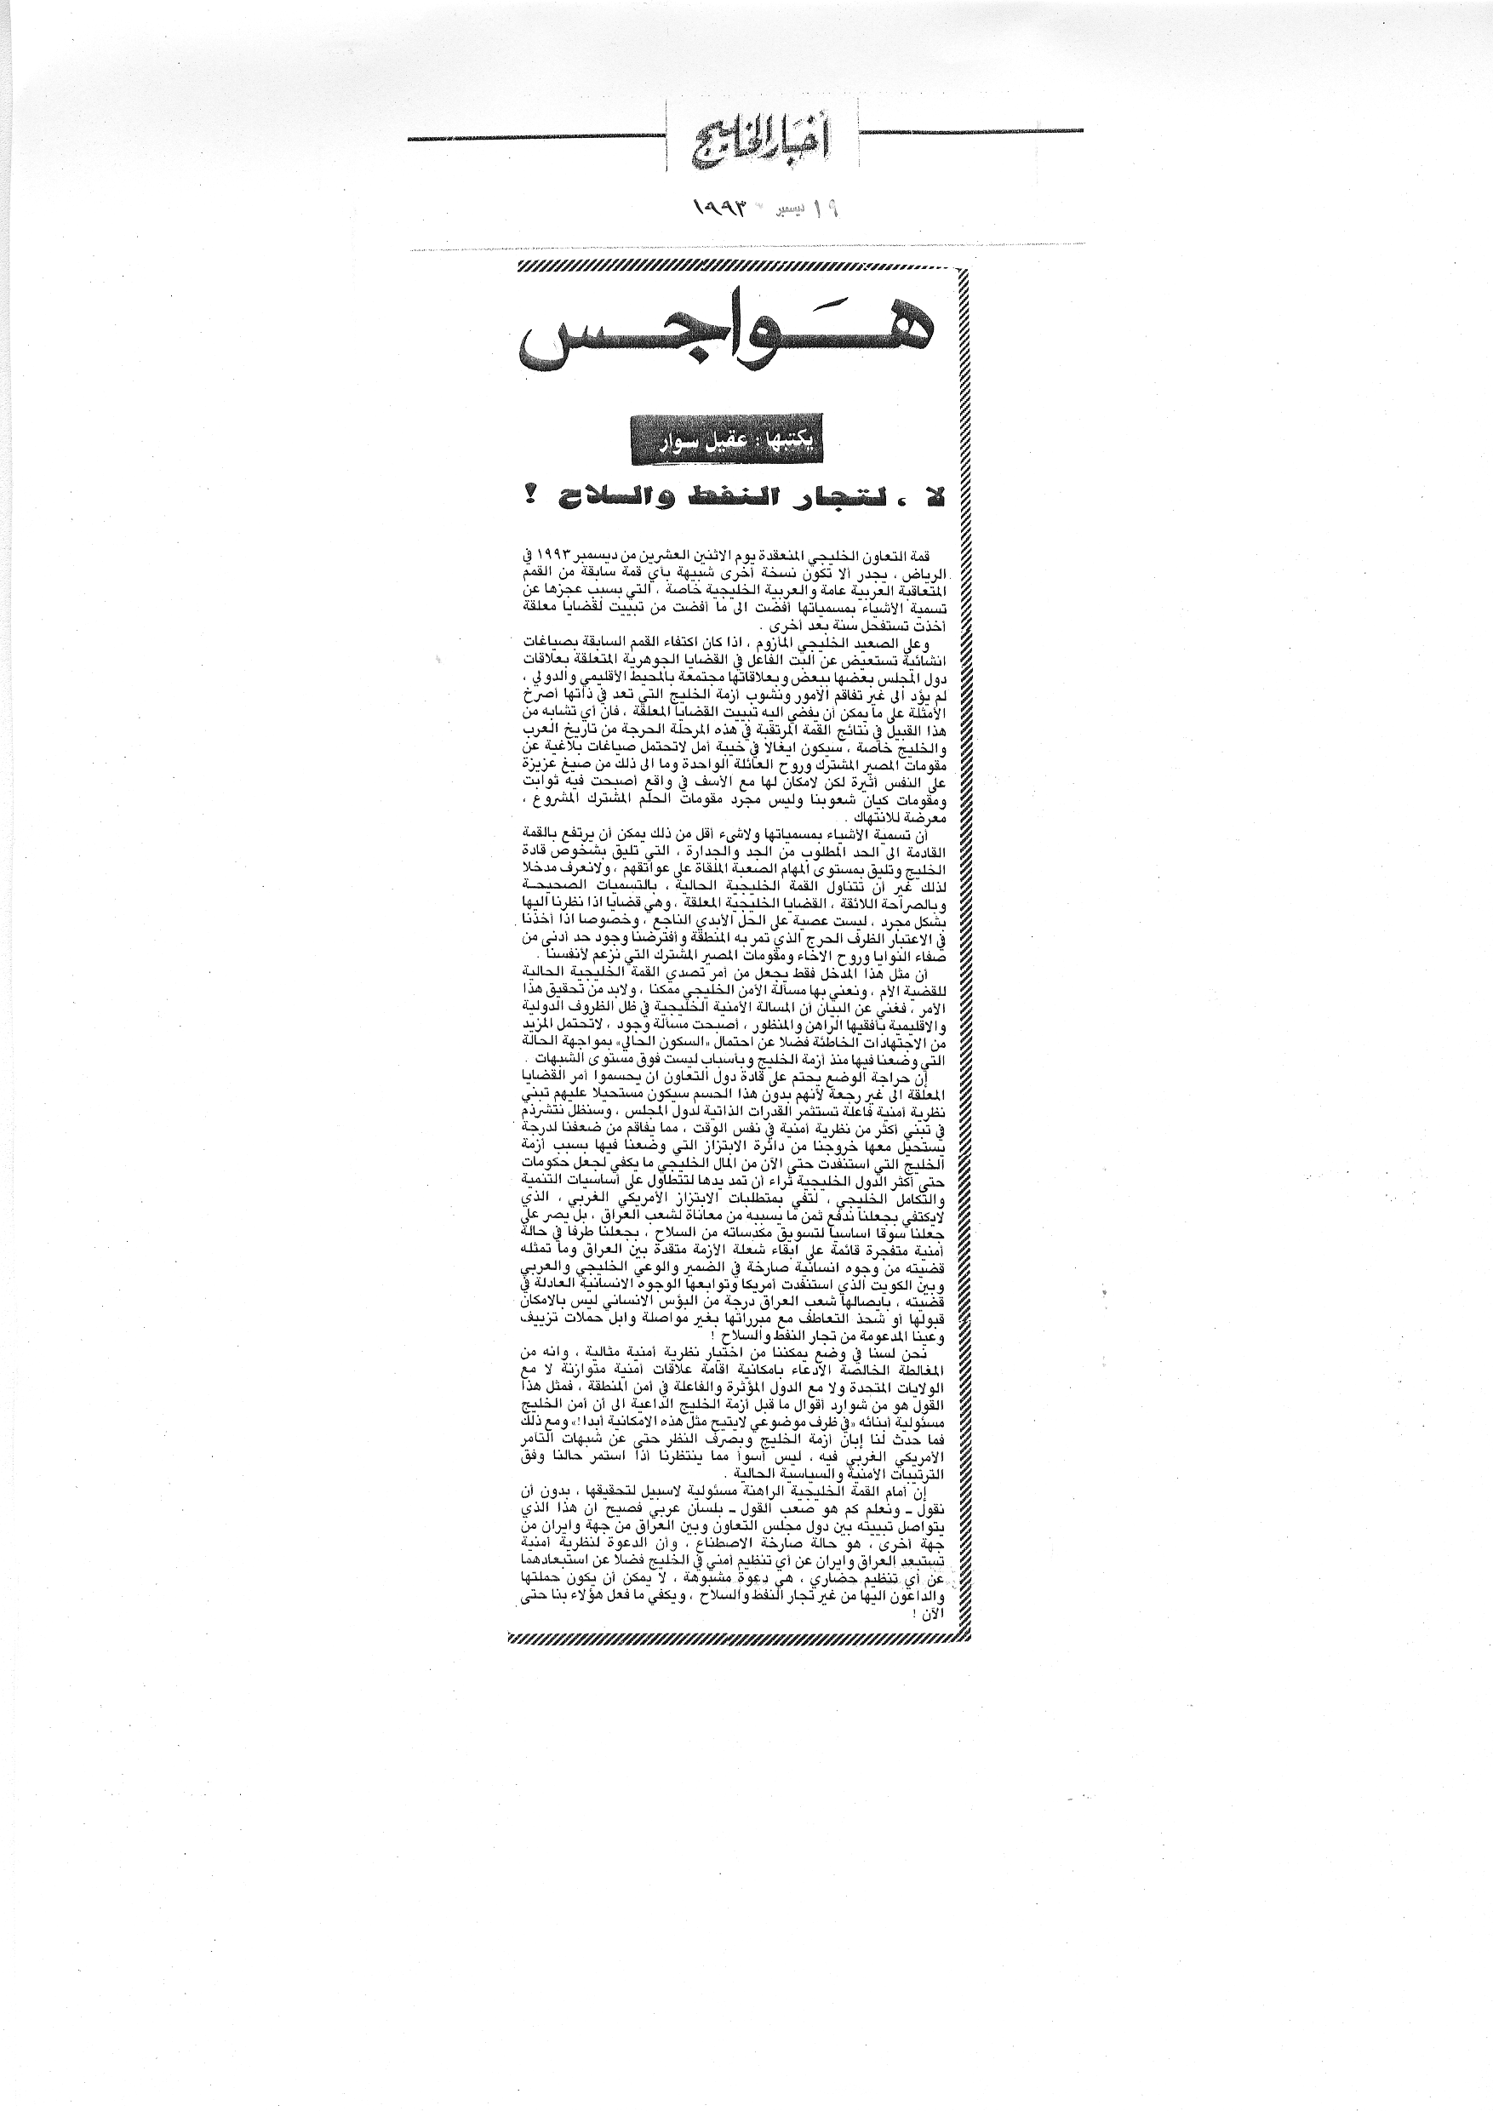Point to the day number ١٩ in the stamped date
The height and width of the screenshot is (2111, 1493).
coord(827,209)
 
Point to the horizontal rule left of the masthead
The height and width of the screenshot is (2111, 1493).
coord(533,139)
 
